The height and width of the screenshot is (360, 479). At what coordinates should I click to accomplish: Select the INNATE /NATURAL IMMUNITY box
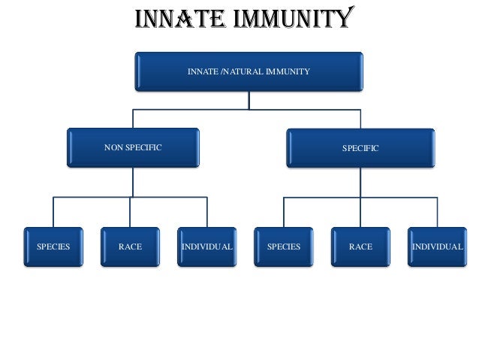pyautogui.click(x=249, y=72)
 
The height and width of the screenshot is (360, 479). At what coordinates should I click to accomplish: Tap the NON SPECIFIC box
pyautogui.click(x=133, y=148)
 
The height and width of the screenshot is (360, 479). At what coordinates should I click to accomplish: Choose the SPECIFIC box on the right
pyautogui.click(x=360, y=148)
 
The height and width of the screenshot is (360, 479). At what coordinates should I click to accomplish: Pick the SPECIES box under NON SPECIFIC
pyautogui.click(x=53, y=247)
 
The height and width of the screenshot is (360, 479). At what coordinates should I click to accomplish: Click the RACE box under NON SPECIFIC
pyautogui.click(x=130, y=247)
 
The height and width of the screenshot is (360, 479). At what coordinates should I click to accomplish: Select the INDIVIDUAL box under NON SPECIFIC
pyautogui.click(x=206, y=247)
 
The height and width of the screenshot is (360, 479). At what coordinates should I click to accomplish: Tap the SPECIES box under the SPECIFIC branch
pyautogui.click(x=284, y=247)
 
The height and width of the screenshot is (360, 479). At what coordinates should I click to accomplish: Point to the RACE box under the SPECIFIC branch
pyautogui.click(x=360, y=247)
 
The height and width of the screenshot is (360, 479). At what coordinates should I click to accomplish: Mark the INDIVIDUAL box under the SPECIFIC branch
pyautogui.click(x=437, y=247)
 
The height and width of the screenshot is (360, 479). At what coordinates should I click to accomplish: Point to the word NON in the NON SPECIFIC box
pyautogui.click(x=113, y=148)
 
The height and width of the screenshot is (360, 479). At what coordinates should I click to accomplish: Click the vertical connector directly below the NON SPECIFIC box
pyautogui.click(x=133, y=182)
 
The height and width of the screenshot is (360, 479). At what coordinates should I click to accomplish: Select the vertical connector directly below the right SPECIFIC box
pyautogui.click(x=360, y=182)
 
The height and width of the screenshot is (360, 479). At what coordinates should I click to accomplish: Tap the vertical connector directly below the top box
pyautogui.click(x=249, y=99)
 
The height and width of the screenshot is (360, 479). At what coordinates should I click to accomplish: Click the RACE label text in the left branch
pyautogui.click(x=130, y=247)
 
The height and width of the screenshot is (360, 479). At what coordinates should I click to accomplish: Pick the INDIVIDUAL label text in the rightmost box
pyautogui.click(x=437, y=247)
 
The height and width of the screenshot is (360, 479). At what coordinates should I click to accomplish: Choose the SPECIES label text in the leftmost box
pyautogui.click(x=53, y=247)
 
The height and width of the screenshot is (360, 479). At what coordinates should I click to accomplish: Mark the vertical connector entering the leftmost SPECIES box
pyautogui.click(x=53, y=212)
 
